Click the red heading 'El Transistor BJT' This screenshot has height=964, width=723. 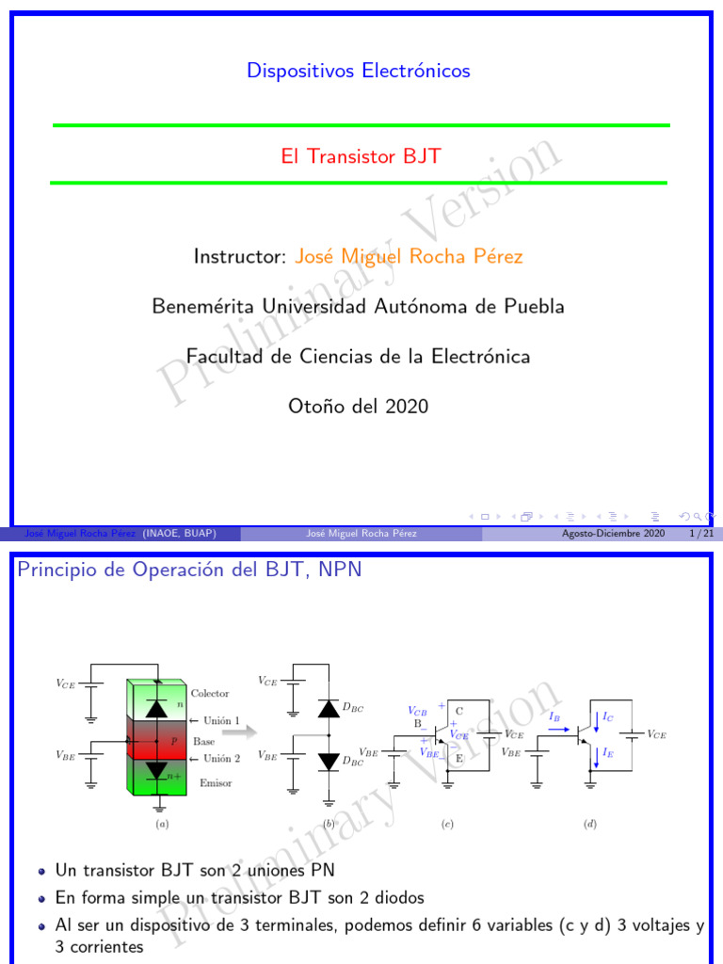(x=361, y=156)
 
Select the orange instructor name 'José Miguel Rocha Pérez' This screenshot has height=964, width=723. (x=409, y=257)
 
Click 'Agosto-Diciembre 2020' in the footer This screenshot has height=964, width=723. (x=613, y=534)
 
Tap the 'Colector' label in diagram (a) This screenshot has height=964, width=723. (x=210, y=693)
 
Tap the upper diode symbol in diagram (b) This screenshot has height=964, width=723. (x=328, y=709)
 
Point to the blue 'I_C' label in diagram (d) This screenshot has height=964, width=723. (x=608, y=717)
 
